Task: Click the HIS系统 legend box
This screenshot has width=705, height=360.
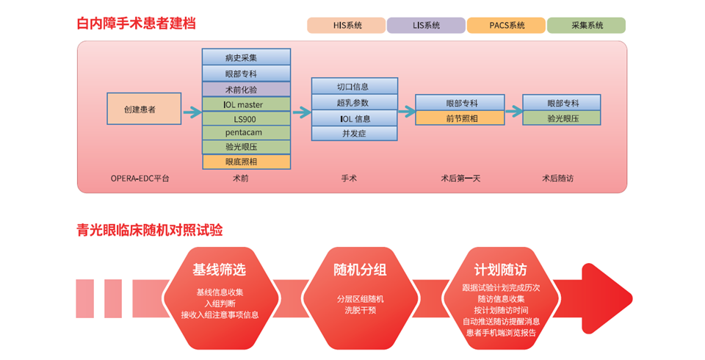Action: tap(346, 25)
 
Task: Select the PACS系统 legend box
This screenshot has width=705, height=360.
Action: tap(506, 25)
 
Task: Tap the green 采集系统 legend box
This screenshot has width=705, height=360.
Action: tap(586, 25)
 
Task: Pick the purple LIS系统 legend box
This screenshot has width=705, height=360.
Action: tap(426, 25)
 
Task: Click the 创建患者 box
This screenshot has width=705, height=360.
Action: tap(144, 109)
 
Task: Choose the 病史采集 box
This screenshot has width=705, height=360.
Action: tap(247, 57)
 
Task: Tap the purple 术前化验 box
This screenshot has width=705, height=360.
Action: tap(247, 89)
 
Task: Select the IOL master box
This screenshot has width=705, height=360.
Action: tap(247, 104)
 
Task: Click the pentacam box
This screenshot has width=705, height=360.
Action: tap(247, 133)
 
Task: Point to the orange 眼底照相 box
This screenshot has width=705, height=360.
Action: tap(247, 162)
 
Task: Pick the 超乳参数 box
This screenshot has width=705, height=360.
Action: tap(354, 103)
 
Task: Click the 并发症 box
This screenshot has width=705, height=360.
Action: tap(354, 134)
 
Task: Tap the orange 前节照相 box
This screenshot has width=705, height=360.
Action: tap(460, 118)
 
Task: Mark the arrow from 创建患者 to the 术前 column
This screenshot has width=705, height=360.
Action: tap(192, 112)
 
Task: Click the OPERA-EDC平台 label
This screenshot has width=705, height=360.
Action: tap(140, 179)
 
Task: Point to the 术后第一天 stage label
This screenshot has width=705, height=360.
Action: tap(460, 179)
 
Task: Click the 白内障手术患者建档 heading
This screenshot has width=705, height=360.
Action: tap(137, 24)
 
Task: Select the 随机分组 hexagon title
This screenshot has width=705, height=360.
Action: tap(360, 270)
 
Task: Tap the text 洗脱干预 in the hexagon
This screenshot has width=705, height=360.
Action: tap(360, 311)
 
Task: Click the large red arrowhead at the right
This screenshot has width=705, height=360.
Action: tap(607, 299)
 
